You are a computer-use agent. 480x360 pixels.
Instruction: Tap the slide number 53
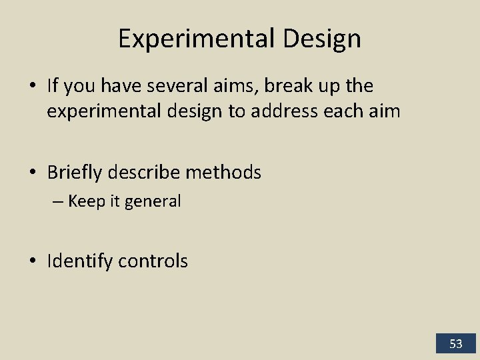click(456, 344)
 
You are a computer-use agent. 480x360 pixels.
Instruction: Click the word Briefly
click(74, 173)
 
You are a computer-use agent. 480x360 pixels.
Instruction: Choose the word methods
click(223, 173)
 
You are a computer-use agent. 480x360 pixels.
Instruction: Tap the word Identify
click(80, 261)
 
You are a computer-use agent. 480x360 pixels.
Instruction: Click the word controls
click(153, 261)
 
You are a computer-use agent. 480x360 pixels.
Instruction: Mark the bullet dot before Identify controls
click(33, 261)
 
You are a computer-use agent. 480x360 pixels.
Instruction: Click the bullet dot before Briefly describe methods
click(33, 173)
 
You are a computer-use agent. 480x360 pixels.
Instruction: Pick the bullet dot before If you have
click(33, 86)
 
